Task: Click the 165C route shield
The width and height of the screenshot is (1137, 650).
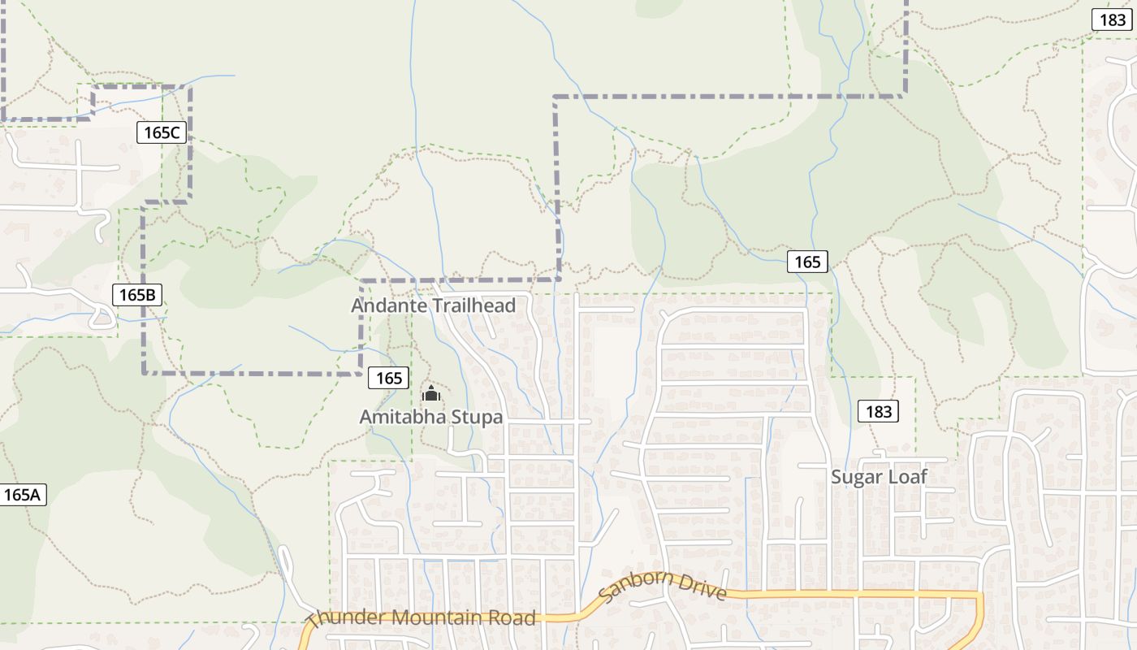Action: (x=162, y=132)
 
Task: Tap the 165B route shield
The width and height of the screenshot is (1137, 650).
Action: (x=136, y=295)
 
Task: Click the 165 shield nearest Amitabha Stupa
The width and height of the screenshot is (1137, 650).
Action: (x=389, y=378)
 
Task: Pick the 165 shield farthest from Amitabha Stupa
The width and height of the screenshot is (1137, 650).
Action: (x=807, y=262)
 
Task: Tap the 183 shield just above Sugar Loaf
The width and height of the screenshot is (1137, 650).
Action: (x=879, y=411)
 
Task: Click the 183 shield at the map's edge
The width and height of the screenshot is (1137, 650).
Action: (x=1111, y=20)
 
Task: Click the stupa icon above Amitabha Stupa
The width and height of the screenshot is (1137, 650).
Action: (x=430, y=396)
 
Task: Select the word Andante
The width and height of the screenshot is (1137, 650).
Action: (x=386, y=305)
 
